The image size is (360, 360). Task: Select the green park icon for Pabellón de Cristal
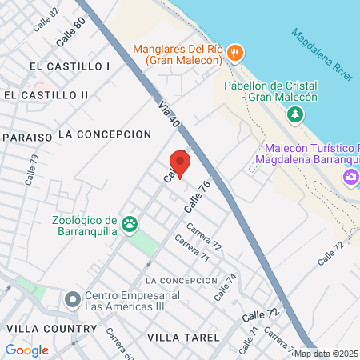point(296,114)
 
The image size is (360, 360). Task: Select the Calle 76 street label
point(197,196)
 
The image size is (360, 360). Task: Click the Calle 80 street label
point(70,31)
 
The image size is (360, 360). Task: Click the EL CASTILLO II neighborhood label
point(46,95)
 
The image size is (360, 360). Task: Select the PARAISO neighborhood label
point(28,137)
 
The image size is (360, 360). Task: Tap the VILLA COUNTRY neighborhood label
point(51,329)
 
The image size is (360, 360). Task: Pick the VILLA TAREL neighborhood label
point(183,338)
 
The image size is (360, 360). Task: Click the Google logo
point(26,350)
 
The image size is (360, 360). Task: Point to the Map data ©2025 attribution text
point(326,354)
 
